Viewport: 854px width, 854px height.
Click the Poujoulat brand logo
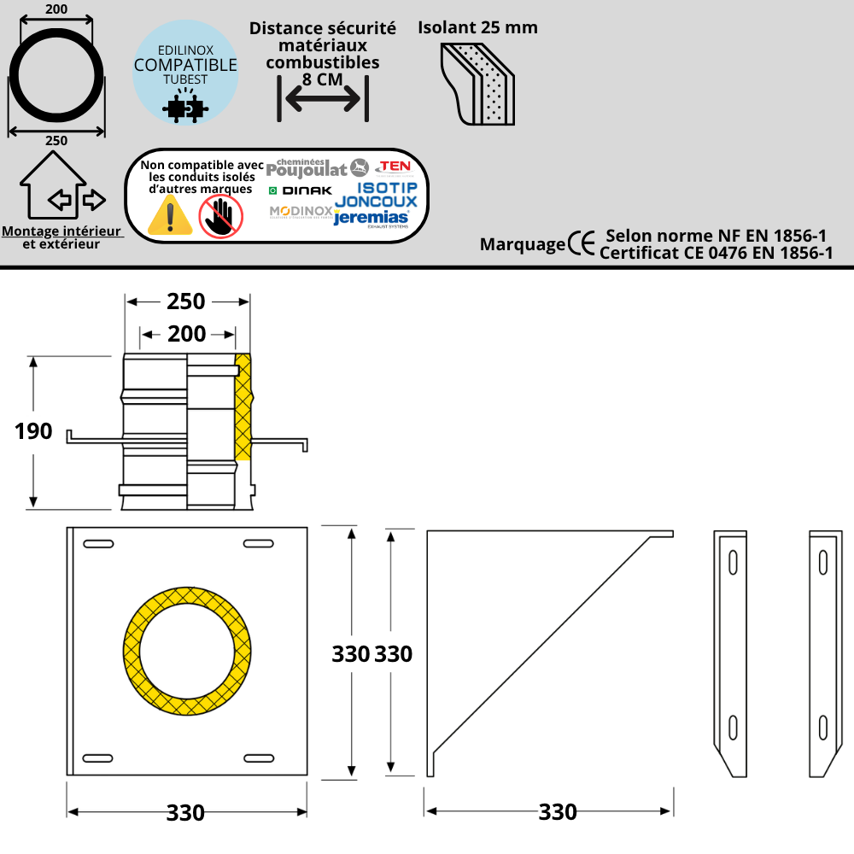[317, 168]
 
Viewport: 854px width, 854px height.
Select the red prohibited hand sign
[220, 216]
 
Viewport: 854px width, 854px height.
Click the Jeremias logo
[371, 219]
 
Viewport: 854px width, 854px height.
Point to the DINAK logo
[300, 190]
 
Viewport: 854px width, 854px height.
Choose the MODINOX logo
[301, 211]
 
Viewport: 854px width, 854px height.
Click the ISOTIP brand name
[387, 188]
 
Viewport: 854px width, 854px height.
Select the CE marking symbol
[581, 243]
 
